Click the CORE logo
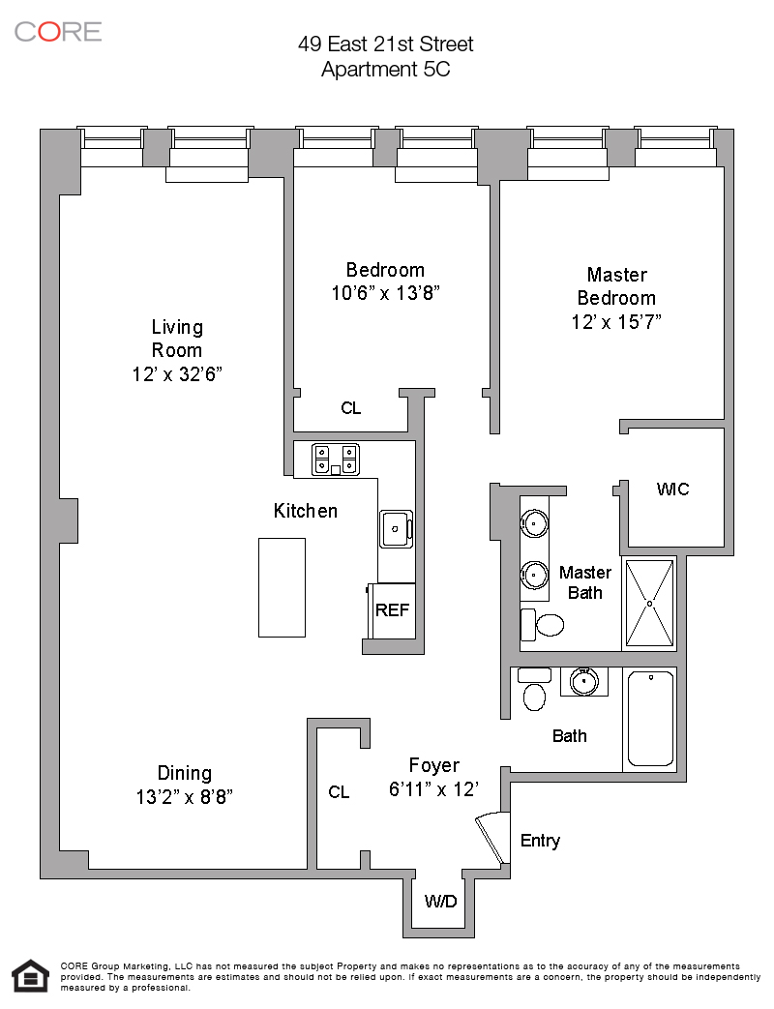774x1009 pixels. pyautogui.click(x=58, y=32)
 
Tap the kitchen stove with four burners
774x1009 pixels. pyautogui.click(x=335, y=460)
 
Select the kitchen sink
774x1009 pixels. pyautogui.click(x=397, y=529)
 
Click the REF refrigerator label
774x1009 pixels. pyautogui.click(x=392, y=609)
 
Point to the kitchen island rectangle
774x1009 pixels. pyautogui.click(x=282, y=587)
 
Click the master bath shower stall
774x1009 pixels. pyautogui.click(x=650, y=604)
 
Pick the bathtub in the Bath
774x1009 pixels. pyautogui.click(x=650, y=719)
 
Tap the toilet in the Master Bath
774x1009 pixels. pyautogui.click(x=542, y=624)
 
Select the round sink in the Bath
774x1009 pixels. pyautogui.click(x=583, y=682)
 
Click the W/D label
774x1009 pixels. pyautogui.click(x=440, y=901)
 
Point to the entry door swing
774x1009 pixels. pyautogui.click(x=493, y=838)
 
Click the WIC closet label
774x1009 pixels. pyautogui.click(x=672, y=490)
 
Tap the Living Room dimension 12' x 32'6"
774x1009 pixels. pyautogui.click(x=177, y=373)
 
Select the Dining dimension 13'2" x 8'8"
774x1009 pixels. pyautogui.click(x=184, y=796)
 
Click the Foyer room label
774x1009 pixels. pyautogui.click(x=434, y=765)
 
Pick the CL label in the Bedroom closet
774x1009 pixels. pyautogui.click(x=350, y=408)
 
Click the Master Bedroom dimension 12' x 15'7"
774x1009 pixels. pyautogui.click(x=616, y=321)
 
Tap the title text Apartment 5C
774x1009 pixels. pyautogui.click(x=385, y=69)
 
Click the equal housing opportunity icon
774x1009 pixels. pyautogui.click(x=31, y=975)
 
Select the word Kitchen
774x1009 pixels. pyautogui.click(x=306, y=511)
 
